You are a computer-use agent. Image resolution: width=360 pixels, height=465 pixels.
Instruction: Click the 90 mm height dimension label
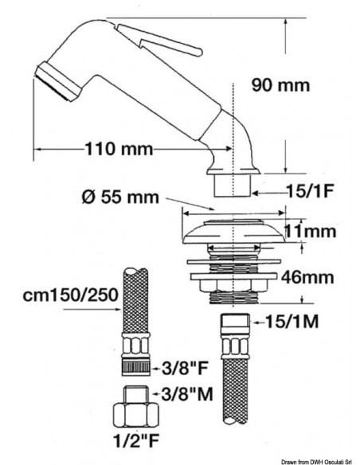[x=280, y=85]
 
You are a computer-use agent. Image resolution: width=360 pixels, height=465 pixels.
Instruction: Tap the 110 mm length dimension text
[x=119, y=149]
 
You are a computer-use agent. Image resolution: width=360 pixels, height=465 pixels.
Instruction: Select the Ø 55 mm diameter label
[x=120, y=197]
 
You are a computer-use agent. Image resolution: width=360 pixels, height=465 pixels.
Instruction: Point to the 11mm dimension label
[x=310, y=231]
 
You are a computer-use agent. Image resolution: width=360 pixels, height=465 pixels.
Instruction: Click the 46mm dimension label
[x=307, y=278]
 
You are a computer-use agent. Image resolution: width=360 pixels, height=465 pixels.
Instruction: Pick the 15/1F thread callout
[x=310, y=192]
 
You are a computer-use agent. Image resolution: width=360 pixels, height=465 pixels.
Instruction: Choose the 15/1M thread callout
[x=292, y=322]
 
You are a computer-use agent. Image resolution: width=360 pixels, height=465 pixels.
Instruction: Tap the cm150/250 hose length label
[x=71, y=295]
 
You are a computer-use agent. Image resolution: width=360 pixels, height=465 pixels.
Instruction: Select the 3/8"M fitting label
[x=187, y=394]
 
